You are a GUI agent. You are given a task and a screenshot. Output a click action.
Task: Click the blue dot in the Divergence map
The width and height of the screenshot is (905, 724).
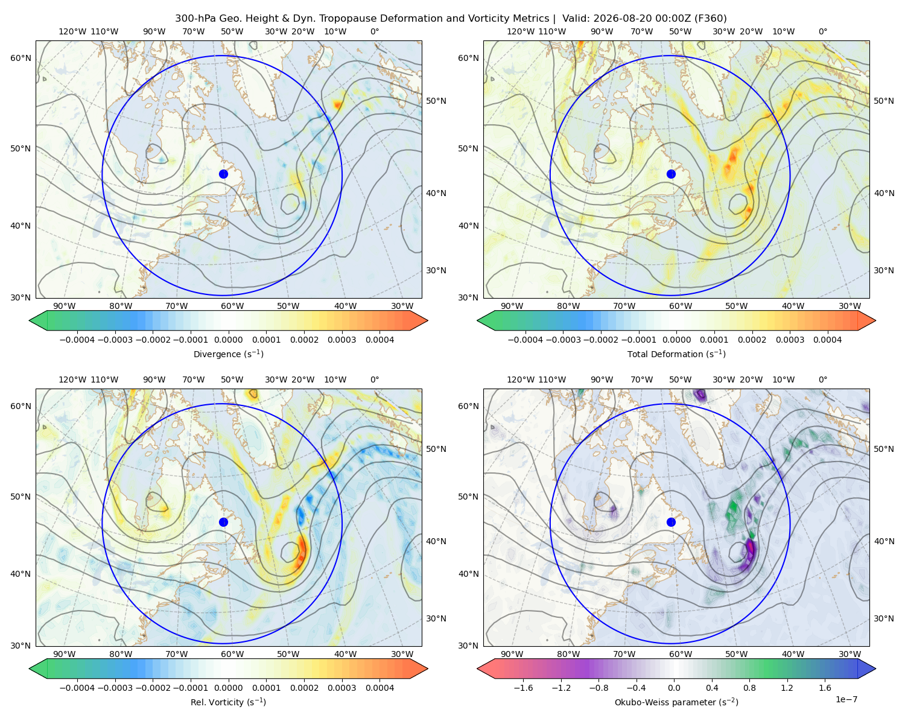[223, 174]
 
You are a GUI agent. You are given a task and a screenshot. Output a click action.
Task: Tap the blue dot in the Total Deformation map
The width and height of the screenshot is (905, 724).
[671, 174]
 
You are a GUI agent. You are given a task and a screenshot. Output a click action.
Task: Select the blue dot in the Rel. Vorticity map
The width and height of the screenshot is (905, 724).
[223, 522]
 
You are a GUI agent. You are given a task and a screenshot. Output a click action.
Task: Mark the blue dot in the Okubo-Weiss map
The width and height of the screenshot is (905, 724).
[671, 522]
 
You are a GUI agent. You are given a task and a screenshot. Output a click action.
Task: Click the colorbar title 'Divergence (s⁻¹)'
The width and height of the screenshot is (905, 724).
[228, 354]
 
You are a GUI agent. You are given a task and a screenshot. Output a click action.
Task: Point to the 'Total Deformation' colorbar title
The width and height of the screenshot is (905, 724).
[676, 354]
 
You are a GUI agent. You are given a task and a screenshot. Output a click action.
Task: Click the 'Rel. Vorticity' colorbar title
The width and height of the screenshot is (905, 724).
[228, 702]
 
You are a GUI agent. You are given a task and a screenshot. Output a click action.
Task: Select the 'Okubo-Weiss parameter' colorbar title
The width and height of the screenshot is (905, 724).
[676, 702]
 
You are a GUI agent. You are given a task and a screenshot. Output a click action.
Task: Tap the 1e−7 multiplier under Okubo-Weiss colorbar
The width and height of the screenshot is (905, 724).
[846, 700]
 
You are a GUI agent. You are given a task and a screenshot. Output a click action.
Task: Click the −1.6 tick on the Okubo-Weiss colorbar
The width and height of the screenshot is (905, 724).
[523, 688]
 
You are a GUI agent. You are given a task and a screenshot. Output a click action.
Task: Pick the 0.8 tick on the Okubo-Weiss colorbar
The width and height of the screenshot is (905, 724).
[749, 688]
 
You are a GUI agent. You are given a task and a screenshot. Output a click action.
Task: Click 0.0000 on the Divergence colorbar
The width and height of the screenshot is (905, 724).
[228, 340]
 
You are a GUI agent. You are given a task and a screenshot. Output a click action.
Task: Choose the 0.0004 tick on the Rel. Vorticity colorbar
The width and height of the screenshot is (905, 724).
[379, 688]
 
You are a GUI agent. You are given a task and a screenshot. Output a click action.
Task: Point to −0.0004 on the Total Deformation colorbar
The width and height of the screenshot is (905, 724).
[526, 340]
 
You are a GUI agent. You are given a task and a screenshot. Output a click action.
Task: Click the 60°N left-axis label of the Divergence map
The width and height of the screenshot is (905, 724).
[21, 58]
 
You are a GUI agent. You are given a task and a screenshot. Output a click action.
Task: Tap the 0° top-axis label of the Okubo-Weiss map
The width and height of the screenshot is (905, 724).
[822, 379]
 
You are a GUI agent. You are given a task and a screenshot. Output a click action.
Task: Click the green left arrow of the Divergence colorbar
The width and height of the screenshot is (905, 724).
[38, 320]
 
